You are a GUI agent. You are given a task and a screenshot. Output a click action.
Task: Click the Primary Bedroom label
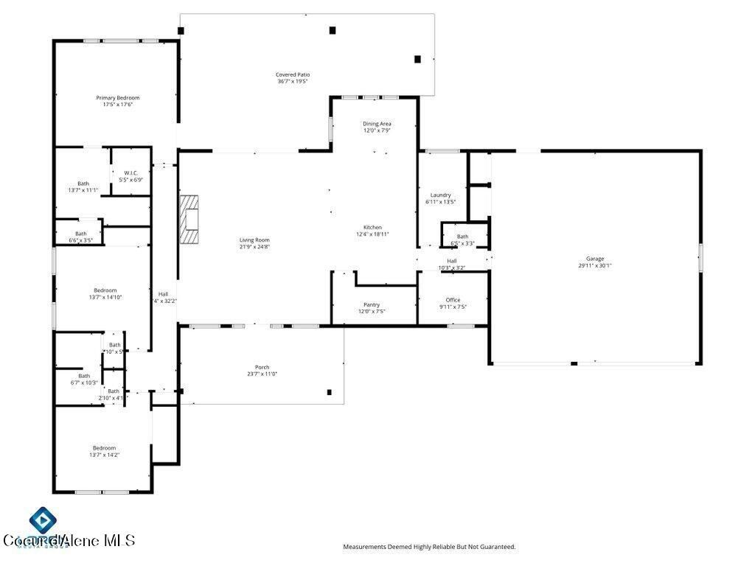pos(117,97)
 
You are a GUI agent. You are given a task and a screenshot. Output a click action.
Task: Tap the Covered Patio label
pos(292,74)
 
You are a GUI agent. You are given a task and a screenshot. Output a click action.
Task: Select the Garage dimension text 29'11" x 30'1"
pos(595,266)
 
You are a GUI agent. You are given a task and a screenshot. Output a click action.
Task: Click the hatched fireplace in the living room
pos(191,220)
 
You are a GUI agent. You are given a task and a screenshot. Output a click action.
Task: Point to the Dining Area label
pos(376,124)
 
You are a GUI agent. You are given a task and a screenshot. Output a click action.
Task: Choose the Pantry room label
pos(372,304)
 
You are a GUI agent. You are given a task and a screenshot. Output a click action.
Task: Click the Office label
pos(453,300)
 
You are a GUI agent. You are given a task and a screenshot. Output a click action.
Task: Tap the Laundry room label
pos(440,195)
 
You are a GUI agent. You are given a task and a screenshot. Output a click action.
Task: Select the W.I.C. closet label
pos(131,173)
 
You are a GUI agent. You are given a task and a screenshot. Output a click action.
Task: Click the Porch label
pos(262,367)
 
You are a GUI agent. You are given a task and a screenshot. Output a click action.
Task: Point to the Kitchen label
pos(372,227)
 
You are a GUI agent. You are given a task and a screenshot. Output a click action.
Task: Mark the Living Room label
pos(254,240)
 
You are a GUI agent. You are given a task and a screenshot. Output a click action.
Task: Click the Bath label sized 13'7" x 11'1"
pos(83,184)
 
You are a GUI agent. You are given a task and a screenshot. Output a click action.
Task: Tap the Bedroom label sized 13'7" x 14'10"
pos(105,290)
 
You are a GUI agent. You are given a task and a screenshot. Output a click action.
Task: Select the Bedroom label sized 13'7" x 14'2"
pos(104,448)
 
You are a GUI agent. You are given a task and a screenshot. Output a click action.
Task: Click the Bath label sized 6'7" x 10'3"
pos(84,375)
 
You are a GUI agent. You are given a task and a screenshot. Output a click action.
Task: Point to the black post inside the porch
pos(329,392)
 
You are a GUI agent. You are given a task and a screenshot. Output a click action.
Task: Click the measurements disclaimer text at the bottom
pos(429,547)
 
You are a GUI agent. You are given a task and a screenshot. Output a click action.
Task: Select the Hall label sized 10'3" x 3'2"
pos(451,261)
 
